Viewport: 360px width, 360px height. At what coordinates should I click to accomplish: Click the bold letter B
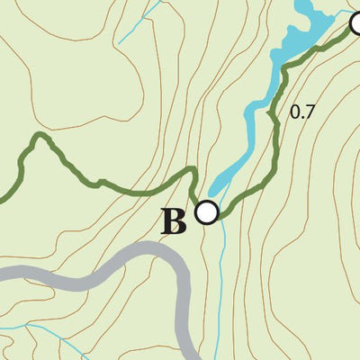point(174,221)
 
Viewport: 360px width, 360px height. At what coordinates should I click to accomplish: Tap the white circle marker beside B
point(207,212)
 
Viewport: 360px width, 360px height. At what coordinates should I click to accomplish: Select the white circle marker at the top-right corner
point(357,24)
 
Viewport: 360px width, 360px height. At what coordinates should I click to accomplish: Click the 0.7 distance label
point(302,112)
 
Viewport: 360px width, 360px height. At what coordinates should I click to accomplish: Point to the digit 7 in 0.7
point(310,112)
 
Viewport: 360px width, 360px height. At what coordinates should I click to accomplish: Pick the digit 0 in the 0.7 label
point(295,112)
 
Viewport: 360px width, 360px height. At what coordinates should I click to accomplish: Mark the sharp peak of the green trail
point(39,137)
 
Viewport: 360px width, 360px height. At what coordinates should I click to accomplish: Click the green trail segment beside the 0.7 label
point(279,117)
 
